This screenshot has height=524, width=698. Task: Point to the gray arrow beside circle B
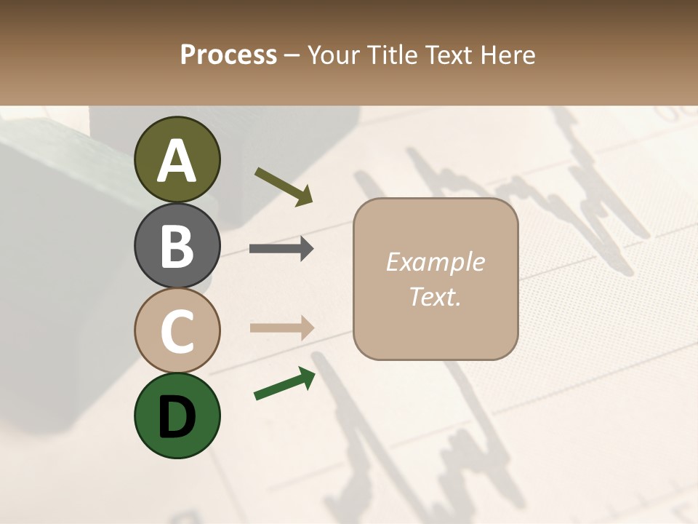click(281, 249)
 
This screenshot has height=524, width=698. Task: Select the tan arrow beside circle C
click(281, 327)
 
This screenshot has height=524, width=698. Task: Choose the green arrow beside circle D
click(284, 384)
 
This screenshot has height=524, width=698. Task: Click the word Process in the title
click(229, 55)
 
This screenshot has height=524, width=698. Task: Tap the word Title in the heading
click(393, 55)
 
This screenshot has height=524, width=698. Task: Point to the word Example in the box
click(435, 262)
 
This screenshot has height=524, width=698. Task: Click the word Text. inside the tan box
click(435, 297)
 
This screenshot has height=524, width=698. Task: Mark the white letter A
click(177, 162)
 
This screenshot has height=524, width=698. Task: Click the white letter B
click(177, 246)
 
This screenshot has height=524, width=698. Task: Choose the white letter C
click(177, 331)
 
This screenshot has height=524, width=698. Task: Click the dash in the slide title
click(292, 55)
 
